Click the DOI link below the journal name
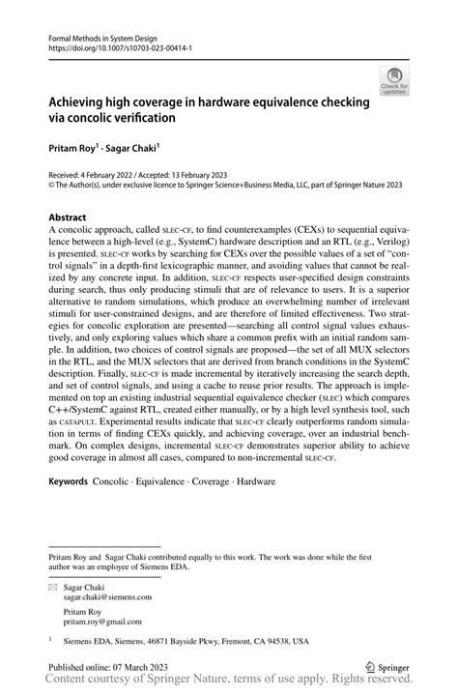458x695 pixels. point(112,44)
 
